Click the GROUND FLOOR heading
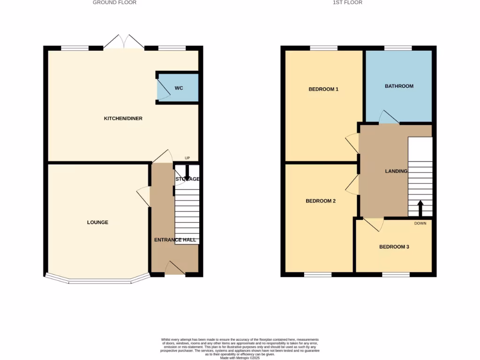click(114, 3)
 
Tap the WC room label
click(179, 88)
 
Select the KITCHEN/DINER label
click(123, 119)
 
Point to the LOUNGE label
click(97, 222)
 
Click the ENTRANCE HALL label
click(175, 240)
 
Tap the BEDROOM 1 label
click(323, 89)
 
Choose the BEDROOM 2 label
click(321, 201)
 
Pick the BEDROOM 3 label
click(394, 247)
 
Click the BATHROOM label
click(399, 86)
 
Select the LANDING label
click(396, 172)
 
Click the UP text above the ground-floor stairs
click(187, 158)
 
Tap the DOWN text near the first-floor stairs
click(420, 223)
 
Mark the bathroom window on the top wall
click(398, 48)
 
